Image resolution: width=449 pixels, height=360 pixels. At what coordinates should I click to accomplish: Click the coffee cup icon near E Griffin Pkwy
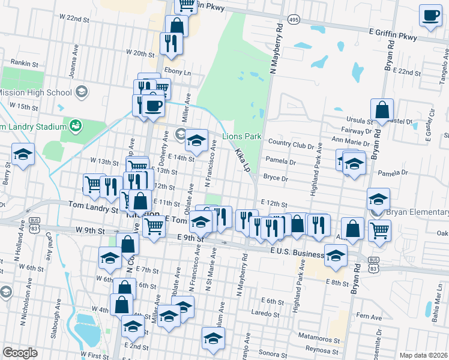click(430, 16)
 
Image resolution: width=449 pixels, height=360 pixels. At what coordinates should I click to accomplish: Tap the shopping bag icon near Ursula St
click(382, 110)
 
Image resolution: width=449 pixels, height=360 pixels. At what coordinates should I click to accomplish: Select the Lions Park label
click(242, 137)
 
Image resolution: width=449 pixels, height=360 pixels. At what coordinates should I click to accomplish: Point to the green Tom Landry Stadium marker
click(76, 126)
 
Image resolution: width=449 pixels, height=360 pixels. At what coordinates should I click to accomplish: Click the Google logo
click(20, 353)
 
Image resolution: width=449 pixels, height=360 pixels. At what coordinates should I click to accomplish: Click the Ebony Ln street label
click(178, 71)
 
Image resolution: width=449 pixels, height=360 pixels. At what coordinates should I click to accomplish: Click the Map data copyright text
click(423, 355)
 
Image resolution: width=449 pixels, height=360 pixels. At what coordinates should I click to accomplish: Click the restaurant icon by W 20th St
click(171, 43)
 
